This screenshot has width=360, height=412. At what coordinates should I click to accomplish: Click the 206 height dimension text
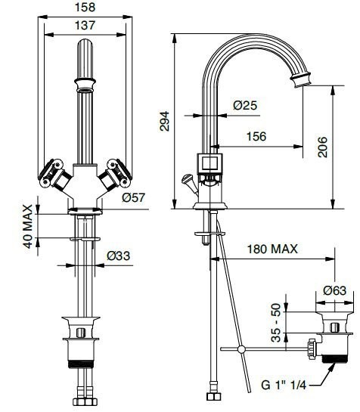click(323, 146)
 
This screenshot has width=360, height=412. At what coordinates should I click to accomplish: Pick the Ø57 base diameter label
click(134, 199)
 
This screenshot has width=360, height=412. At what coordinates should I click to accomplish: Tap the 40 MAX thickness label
click(28, 225)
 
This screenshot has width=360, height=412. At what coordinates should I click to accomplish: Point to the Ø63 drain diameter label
click(334, 290)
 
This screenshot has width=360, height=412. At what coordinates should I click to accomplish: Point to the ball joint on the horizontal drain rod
click(241, 348)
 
